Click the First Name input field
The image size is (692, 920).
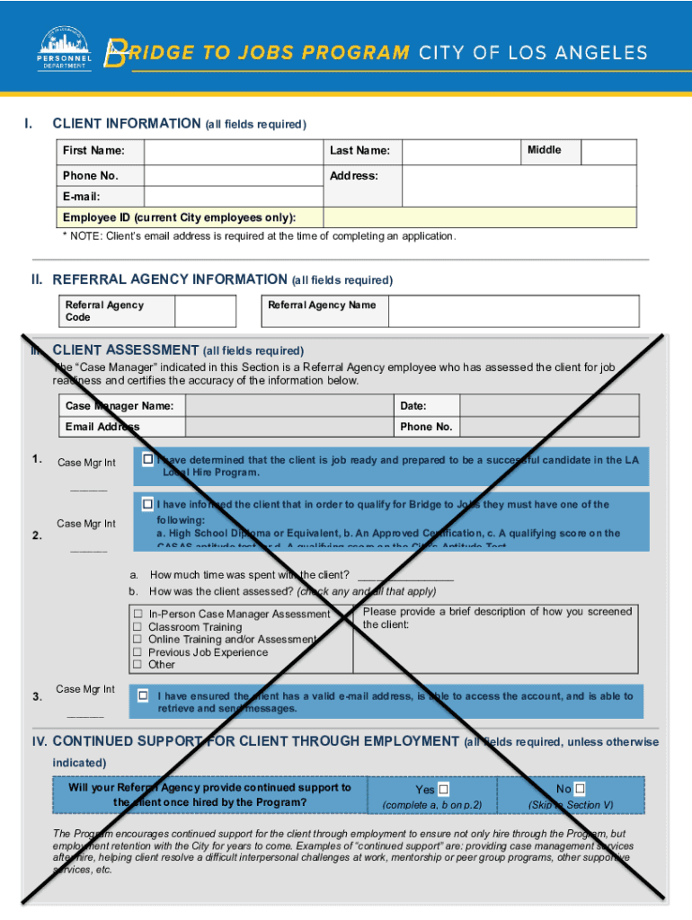(x=234, y=151)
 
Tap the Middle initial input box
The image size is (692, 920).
(x=609, y=151)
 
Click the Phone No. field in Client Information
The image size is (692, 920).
(x=234, y=175)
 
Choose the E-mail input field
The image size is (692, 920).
(x=234, y=197)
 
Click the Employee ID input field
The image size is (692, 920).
(x=479, y=217)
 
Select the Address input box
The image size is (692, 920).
(x=519, y=185)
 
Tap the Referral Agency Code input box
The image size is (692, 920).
(x=205, y=311)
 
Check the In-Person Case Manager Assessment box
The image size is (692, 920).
(x=138, y=615)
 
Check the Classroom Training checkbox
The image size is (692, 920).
(x=138, y=627)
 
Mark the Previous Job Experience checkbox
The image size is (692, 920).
(x=138, y=652)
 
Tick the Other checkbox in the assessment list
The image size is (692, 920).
(x=138, y=665)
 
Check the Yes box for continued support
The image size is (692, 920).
(x=443, y=790)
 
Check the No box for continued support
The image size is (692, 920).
(x=580, y=789)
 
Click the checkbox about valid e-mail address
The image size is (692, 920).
(x=144, y=696)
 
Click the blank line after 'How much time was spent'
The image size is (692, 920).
(x=405, y=576)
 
